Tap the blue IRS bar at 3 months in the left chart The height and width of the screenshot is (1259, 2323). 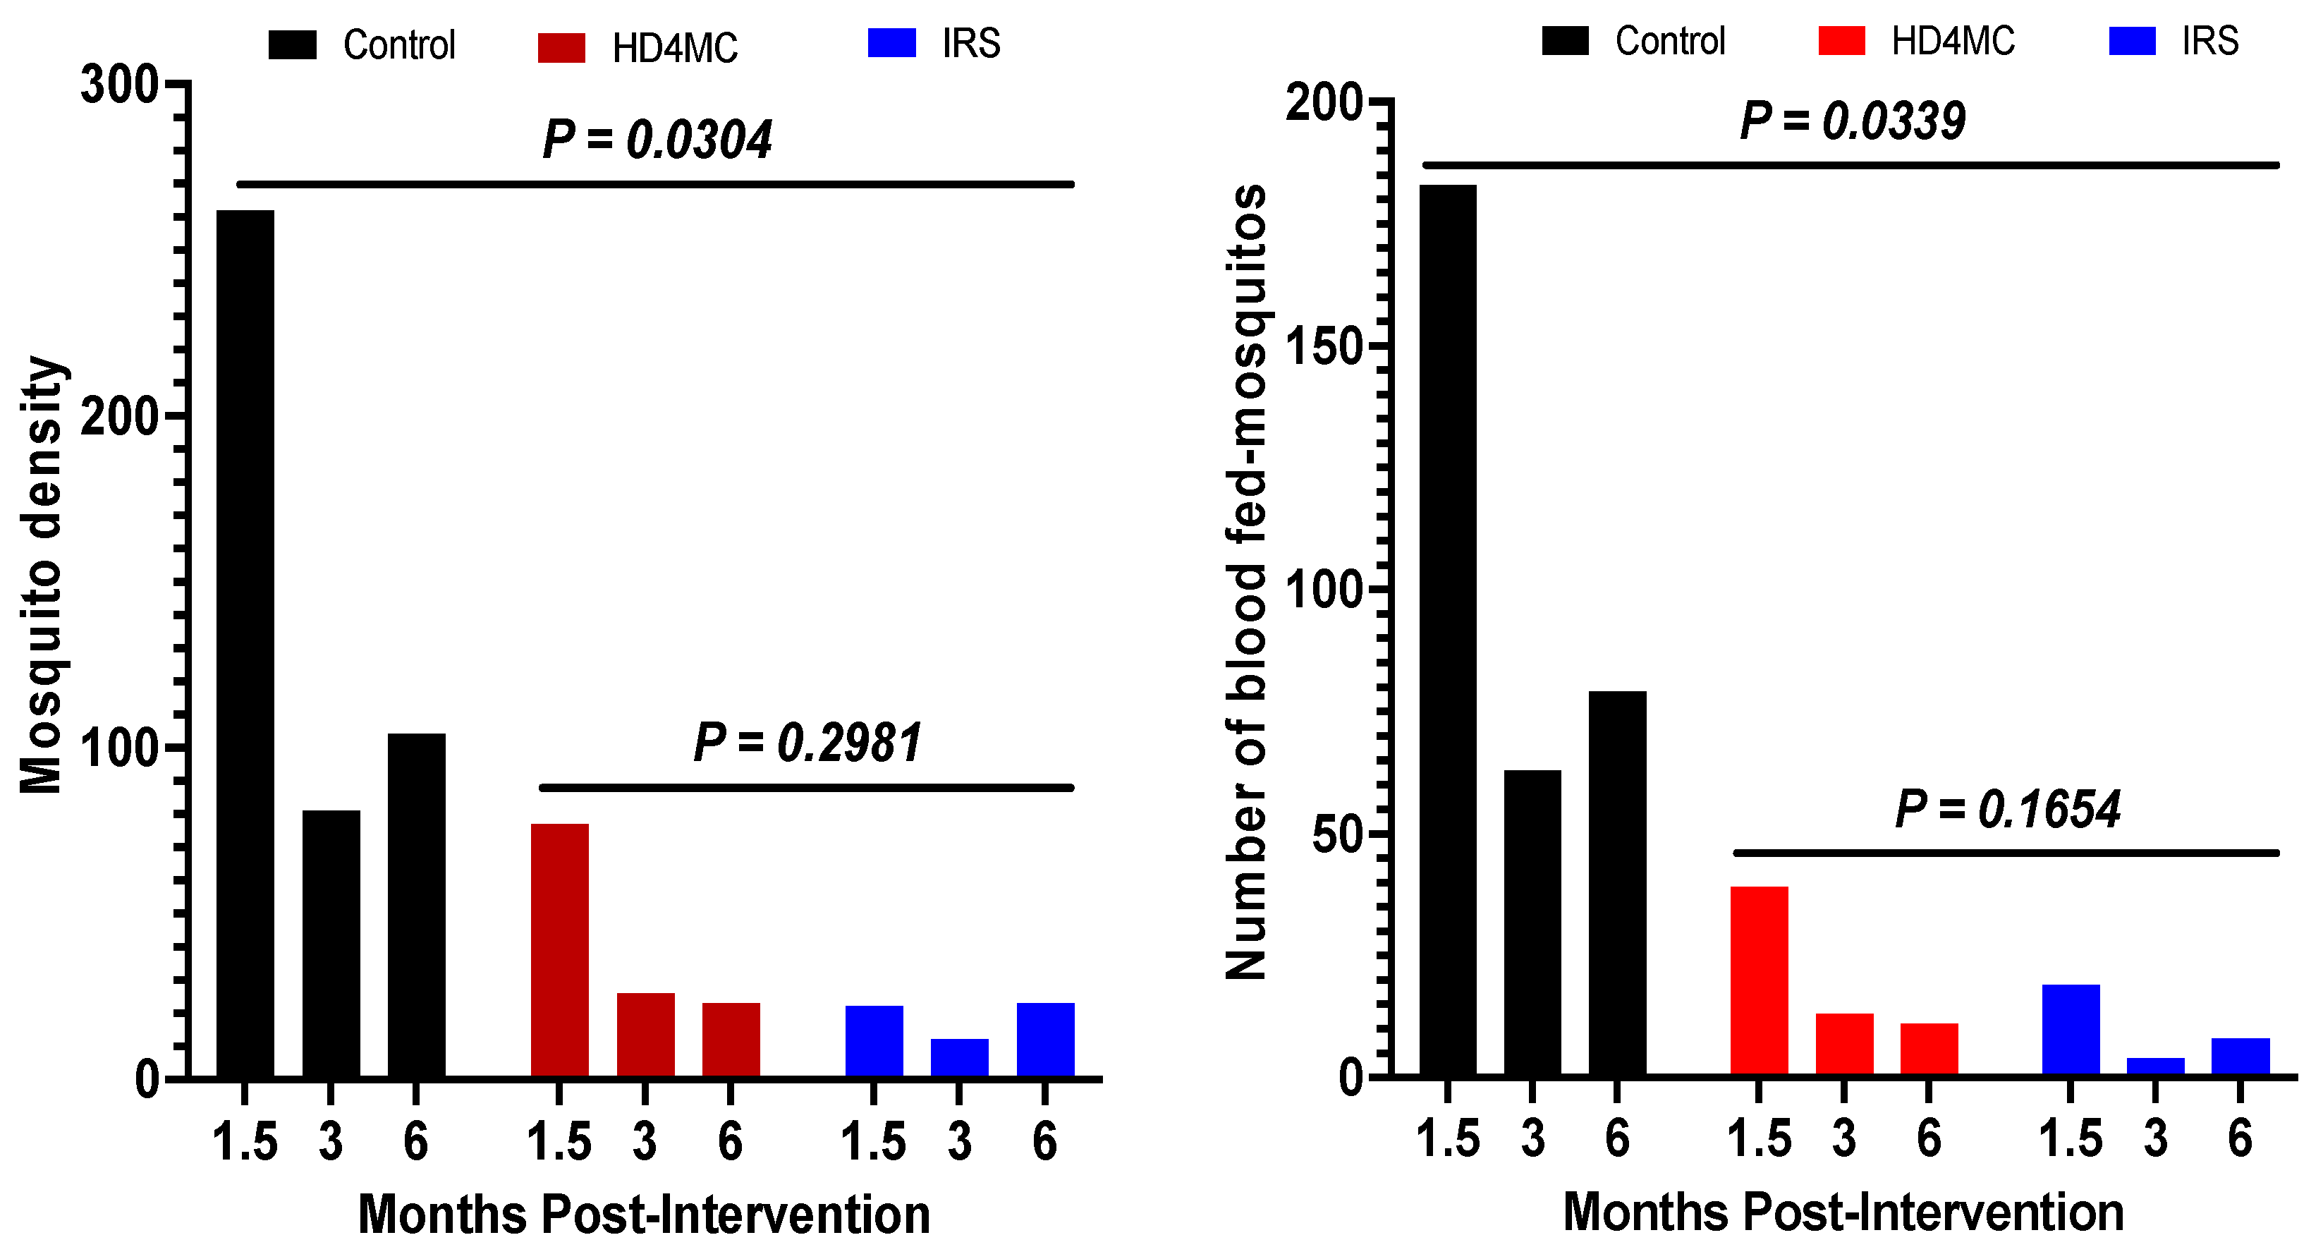point(960,1058)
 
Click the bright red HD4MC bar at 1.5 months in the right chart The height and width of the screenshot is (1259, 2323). point(1759,980)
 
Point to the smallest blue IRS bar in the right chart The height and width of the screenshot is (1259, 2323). point(2155,1066)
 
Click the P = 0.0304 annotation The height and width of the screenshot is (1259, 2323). point(657,140)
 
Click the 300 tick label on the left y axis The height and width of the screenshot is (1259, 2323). point(119,85)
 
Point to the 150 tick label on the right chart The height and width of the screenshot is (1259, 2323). point(1323,347)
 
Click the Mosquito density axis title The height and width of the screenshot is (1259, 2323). point(42,575)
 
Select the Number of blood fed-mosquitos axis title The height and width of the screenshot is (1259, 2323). point(1247,582)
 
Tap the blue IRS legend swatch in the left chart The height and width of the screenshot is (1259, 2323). point(892,43)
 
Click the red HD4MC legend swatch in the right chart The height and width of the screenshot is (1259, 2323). point(1841,42)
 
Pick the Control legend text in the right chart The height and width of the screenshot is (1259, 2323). point(1670,42)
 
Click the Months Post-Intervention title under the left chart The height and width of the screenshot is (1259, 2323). point(644,1214)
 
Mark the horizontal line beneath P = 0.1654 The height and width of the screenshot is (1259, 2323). point(2006,852)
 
